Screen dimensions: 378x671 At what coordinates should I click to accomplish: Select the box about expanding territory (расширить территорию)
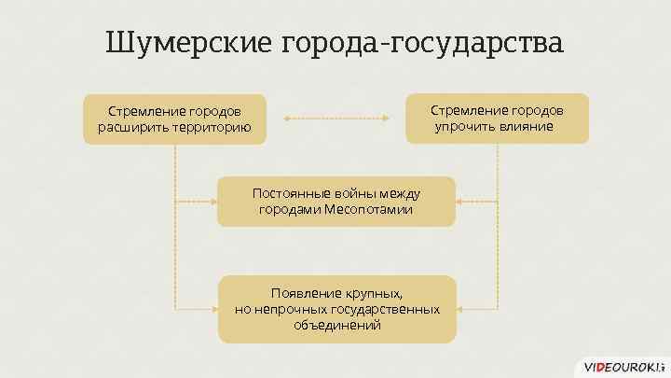(x=174, y=119)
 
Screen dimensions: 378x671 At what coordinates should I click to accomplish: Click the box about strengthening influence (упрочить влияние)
(x=497, y=118)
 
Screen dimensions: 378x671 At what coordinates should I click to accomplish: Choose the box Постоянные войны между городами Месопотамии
(x=335, y=201)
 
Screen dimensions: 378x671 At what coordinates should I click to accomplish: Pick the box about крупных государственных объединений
(x=336, y=308)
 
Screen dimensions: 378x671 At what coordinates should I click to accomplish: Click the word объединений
(x=336, y=325)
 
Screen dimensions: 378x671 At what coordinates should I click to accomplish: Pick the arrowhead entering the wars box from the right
(x=459, y=201)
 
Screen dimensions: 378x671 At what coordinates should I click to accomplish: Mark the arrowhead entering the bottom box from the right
(x=460, y=308)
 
